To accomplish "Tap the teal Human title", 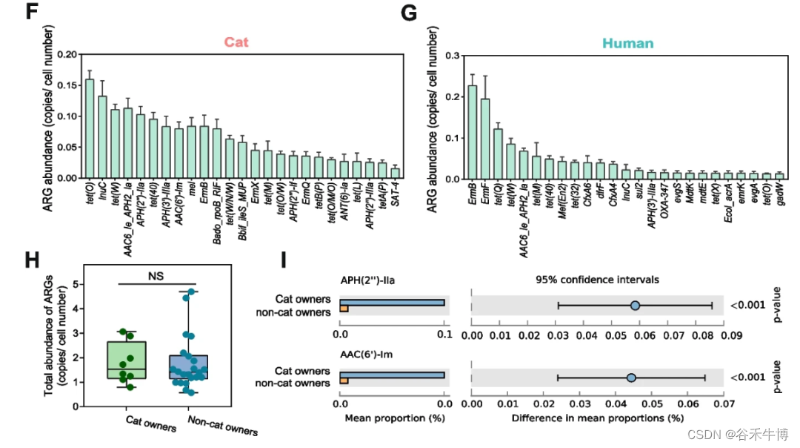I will coord(628,43).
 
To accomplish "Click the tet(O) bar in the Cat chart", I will coord(90,129).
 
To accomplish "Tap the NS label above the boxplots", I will coord(155,275).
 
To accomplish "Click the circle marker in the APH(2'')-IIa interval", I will coord(635,306).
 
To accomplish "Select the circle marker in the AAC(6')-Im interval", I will coord(631,378).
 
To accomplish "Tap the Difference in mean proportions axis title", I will coord(597,418).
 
